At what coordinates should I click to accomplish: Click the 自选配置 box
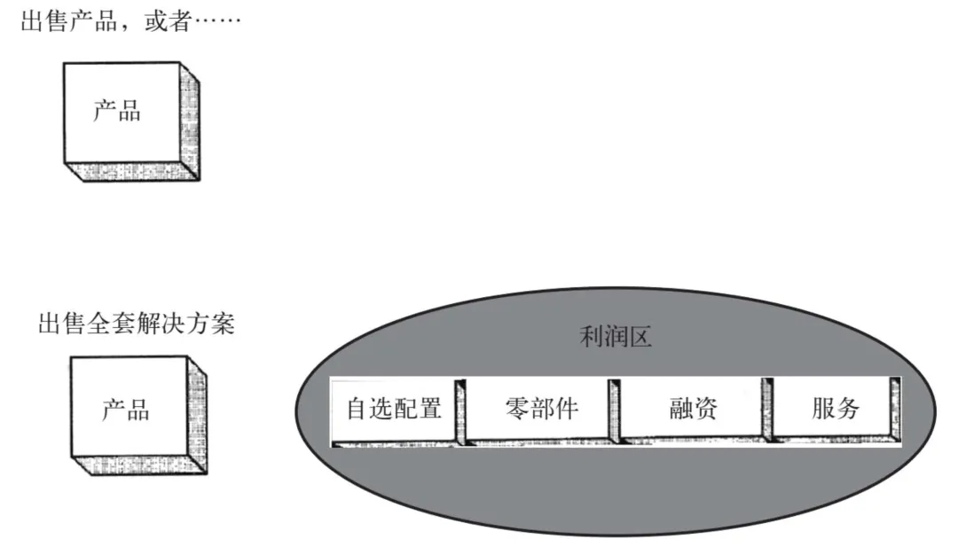click(x=393, y=410)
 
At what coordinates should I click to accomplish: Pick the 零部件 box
click(x=541, y=409)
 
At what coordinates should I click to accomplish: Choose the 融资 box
click(x=693, y=409)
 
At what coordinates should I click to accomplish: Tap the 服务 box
click(x=836, y=409)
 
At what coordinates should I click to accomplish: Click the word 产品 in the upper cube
click(x=117, y=112)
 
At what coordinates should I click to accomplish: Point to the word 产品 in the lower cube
click(x=125, y=410)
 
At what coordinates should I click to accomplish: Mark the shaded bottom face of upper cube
click(x=133, y=172)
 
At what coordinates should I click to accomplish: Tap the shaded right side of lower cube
click(x=198, y=417)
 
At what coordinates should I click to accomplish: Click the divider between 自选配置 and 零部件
click(x=460, y=411)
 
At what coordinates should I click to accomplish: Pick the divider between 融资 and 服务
click(x=767, y=411)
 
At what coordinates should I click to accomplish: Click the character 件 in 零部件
click(x=566, y=409)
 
